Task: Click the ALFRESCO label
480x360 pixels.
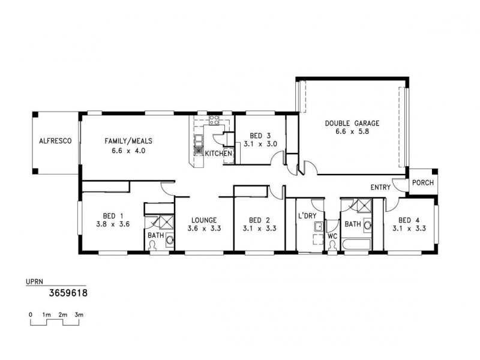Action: pos(55,141)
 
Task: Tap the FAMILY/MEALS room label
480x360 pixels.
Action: pos(128,141)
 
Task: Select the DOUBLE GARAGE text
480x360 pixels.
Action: pos(352,123)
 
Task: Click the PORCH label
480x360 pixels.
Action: pos(423,183)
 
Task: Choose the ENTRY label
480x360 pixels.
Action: pos(380,188)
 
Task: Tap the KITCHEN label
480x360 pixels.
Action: pos(218,154)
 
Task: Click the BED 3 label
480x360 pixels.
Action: pos(255,135)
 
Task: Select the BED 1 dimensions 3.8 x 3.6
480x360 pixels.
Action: pos(113,224)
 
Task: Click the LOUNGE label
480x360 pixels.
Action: pos(201,220)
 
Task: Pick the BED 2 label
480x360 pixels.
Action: pos(259,220)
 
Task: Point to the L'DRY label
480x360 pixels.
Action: pos(307,215)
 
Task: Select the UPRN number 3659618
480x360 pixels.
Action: pos(68,294)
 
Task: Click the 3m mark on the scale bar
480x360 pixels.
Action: pos(79,314)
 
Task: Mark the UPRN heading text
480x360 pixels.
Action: pos(35,281)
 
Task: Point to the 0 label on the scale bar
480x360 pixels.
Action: pos(30,314)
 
